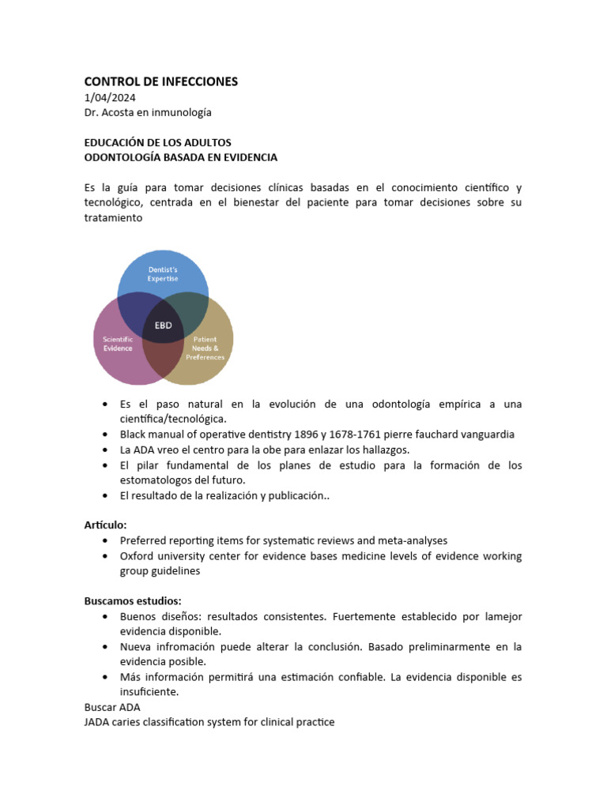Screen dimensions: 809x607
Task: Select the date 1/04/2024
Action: pyautogui.click(x=110, y=98)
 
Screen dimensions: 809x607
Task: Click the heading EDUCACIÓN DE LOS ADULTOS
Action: pyautogui.click(x=157, y=142)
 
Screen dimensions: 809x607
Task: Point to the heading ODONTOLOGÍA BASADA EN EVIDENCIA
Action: pyautogui.click(x=181, y=157)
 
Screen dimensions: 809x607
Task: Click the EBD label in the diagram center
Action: pyautogui.click(x=163, y=325)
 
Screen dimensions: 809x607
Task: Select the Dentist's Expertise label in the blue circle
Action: pyautogui.click(x=163, y=275)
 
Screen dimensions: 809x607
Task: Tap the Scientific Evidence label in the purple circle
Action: pyautogui.click(x=118, y=343)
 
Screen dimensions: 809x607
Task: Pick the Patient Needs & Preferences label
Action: pyautogui.click(x=205, y=348)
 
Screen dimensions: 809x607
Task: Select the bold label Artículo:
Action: pyautogui.click(x=105, y=525)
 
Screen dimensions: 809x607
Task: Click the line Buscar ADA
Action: pyautogui.click(x=112, y=707)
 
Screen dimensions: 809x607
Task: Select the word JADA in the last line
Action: pyautogui.click(x=98, y=722)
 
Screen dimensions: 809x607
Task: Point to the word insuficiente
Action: pyautogui.click(x=149, y=692)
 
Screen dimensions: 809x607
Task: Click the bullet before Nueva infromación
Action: pyautogui.click(x=106, y=647)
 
